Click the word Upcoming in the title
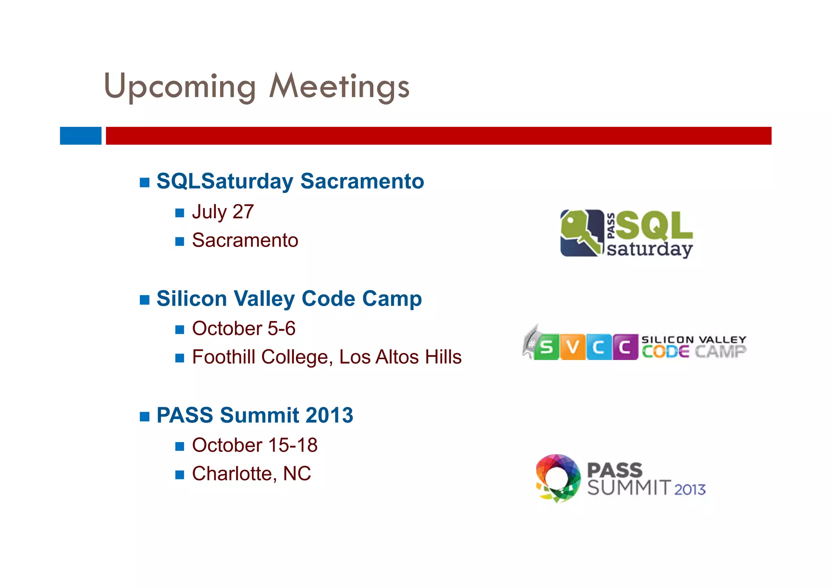180,87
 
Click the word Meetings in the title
340,87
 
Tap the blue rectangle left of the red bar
80,136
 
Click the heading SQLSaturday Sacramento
290,181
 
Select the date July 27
223,212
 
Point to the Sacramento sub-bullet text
245,240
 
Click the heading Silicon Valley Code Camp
289,299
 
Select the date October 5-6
243,328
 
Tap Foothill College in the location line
260,357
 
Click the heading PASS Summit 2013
255,415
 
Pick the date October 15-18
255,445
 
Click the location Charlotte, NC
251,474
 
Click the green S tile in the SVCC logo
546,347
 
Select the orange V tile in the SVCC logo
572,347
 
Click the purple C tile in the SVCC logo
625,347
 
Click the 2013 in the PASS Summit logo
690,489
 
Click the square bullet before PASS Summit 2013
145,417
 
